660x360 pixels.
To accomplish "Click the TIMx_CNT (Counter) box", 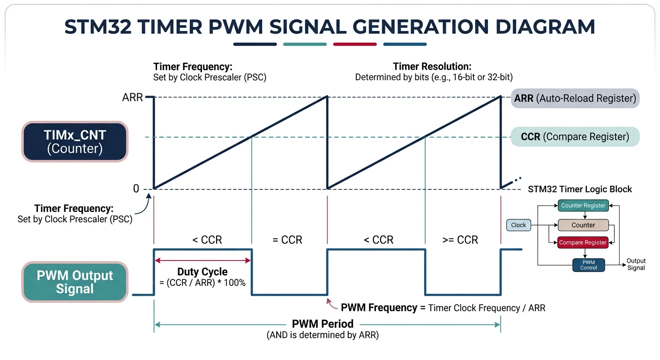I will click(x=75, y=142).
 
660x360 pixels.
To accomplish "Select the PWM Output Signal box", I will click(x=75, y=282).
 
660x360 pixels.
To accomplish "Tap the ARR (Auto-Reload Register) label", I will click(x=575, y=98).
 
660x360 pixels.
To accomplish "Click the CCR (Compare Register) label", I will click(x=575, y=137).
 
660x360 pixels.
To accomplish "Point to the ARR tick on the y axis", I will click(x=132, y=98).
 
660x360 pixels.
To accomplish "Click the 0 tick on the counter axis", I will click(x=136, y=189).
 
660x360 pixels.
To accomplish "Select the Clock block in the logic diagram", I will click(x=518, y=225).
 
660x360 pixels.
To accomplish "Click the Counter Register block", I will click(x=583, y=205).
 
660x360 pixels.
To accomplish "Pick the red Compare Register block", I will click(x=583, y=242).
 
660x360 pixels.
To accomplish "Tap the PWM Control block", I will click(x=589, y=265).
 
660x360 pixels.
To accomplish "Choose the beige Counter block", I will click(x=583, y=225).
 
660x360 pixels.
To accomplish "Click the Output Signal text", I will click(x=636, y=264).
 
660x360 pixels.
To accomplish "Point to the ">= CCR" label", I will click(x=460, y=240).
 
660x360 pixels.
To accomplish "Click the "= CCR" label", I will click(x=287, y=240).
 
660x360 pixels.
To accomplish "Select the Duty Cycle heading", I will click(x=202, y=272).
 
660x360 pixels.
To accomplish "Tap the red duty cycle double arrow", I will click(x=203, y=260).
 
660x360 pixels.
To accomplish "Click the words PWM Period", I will click(x=322, y=324).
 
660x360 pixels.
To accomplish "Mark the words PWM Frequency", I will click(x=379, y=308).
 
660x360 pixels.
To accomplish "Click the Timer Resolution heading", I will click(x=432, y=67).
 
